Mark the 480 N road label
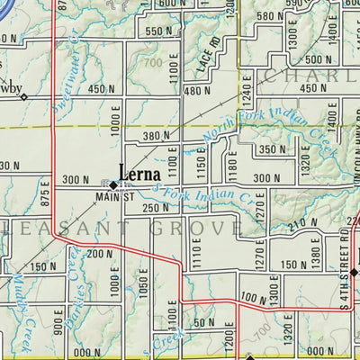[197, 91]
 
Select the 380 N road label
[155, 136]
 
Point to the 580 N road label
[269, 16]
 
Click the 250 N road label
[156, 208]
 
